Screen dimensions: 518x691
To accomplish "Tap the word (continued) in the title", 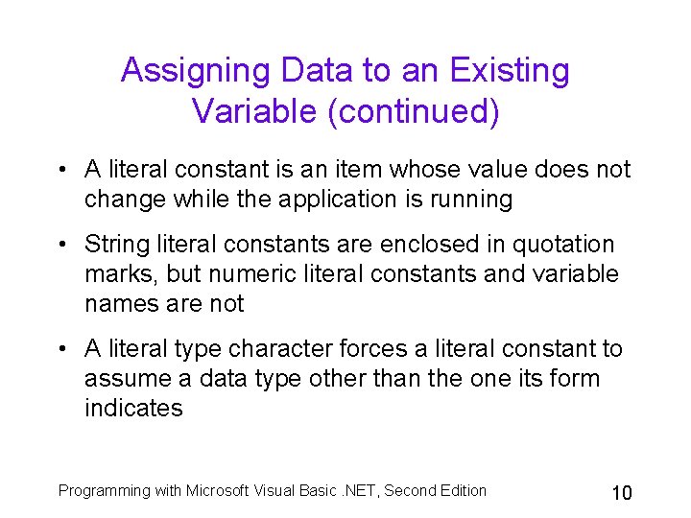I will (414, 111).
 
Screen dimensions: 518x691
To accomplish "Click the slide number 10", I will (622, 493).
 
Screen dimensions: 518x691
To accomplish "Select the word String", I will (113, 245).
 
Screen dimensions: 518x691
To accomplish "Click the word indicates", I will (133, 409).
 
